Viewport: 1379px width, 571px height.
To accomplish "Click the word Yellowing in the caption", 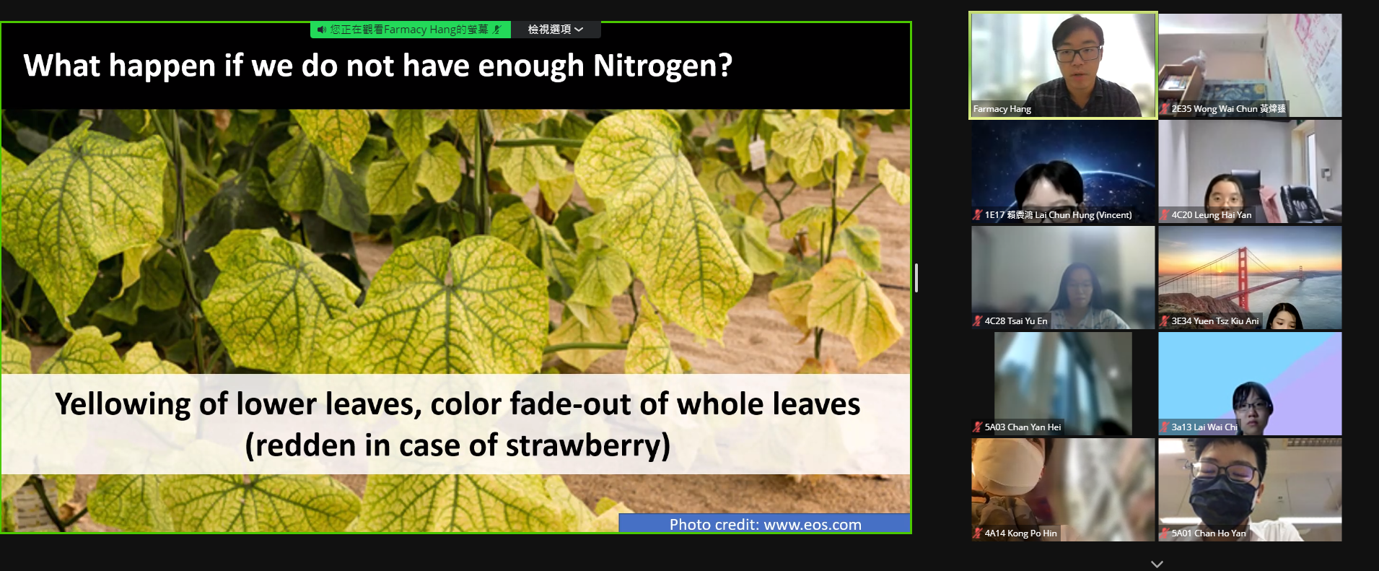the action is pyautogui.click(x=123, y=404).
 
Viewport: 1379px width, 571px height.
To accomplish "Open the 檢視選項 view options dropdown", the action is pyautogui.click(x=556, y=30).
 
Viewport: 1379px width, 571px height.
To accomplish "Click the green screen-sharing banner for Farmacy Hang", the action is pyautogui.click(x=411, y=30).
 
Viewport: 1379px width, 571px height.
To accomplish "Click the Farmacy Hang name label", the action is pyautogui.click(x=1002, y=109).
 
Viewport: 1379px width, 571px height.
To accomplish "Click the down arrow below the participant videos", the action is pyautogui.click(x=1157, y=564).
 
